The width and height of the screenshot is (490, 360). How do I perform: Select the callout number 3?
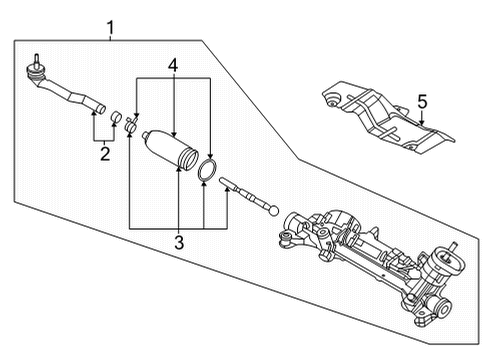click(179, 240)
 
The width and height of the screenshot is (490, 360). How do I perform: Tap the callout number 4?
click(173, 66)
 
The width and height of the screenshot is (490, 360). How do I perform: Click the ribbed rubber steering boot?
click(173, 151)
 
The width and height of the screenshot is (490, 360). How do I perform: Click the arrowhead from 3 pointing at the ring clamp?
click(204, 187)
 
